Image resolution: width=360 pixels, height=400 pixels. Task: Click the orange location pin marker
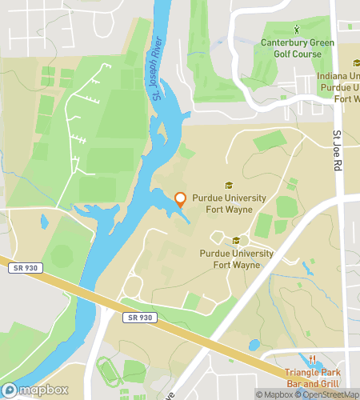(180, 200)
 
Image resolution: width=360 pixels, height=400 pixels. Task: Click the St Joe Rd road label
(337, 153)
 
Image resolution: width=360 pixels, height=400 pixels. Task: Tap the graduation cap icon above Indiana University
(356, 63)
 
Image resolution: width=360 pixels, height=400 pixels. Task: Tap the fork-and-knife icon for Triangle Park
(314, 359)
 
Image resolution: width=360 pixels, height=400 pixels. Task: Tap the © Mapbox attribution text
(274, 394)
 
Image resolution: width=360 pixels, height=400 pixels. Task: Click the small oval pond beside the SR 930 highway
(254, 346)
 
